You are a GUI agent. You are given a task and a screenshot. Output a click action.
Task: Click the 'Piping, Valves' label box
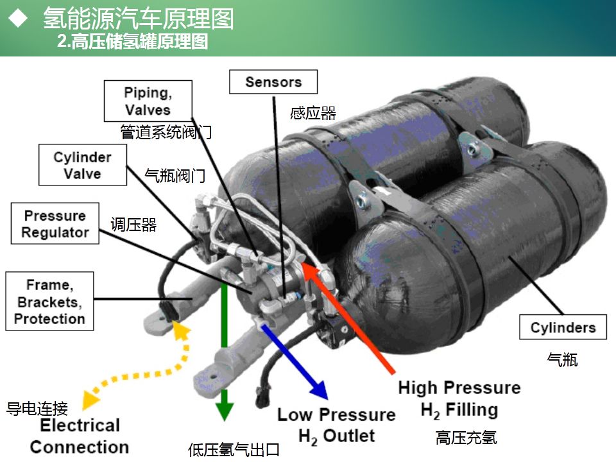coord(148,101)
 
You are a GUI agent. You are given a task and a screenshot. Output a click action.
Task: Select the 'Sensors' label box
coord(273,82)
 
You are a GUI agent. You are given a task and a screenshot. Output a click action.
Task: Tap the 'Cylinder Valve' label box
coord(83,165)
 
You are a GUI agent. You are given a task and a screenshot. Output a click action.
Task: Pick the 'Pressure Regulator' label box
coord(55,224)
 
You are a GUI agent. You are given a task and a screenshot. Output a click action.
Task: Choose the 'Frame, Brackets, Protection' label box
coord(49,301)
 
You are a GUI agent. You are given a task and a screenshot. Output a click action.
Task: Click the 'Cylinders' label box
coord(563,328)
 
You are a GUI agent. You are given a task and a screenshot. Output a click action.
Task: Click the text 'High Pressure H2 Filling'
coord(459,398)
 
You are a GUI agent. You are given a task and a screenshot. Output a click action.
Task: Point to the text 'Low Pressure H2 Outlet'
coord(336,425)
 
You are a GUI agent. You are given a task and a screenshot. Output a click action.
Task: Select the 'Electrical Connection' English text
coord(80,436)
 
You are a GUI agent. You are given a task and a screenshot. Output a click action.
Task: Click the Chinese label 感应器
coord(313,114)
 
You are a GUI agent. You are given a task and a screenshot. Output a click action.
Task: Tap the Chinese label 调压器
coord(133,225)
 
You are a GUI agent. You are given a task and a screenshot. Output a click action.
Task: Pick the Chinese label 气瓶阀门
coord(175,175)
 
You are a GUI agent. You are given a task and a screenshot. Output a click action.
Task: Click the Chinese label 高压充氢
coord(466,438)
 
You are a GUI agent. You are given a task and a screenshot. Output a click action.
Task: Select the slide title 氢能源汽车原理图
coord(138,19)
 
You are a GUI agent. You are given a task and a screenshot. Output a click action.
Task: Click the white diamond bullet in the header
coord(19,19)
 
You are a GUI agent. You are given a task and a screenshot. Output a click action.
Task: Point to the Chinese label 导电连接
coord(37,408)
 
